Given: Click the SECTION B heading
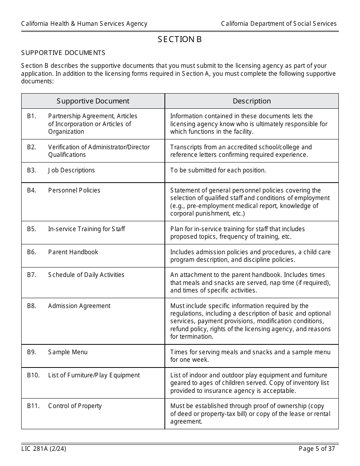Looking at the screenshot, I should pyautogui.click(x=180, y=39).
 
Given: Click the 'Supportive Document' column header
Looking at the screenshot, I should pyautogui.click(x=93, y=101).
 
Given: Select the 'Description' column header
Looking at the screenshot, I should pyautogui.click(x=252, y=101).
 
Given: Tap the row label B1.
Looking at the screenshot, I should pyautogui.click(x=31, y=116).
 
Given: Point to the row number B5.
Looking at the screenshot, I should pyautogui.click(x=31, y=229).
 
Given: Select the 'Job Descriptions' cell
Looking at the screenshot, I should pyautogui.click(x=71, y=170).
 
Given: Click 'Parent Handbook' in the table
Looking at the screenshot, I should pyautogui.click(x=73, y=252).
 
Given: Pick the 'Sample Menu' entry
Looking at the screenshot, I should pyautogui.click(x=67, y=352).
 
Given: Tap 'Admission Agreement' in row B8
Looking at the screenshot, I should pyautogui.click(x=79, y=306).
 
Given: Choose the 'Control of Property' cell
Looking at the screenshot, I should pyautogui.click(x=75, y=406).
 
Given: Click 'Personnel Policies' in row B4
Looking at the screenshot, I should pyautogui.click(x=74, y=190).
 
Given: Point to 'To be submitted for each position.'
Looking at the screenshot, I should pyautogui.click(x=218, y=170).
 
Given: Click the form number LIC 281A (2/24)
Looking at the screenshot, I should pyautogui.click(x=41, y=449).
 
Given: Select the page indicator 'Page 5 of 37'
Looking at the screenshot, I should pyautogui.click(x=317, y=449).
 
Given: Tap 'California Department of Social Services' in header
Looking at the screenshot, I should pyautogui.click(x=279, y=23).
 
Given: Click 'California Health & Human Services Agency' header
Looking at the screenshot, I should pyautogui.click(x=84, y=23).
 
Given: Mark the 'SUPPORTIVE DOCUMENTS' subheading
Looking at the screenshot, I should pyautogui.click(x=63, y=53).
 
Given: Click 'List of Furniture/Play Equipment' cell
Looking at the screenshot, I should pyautogui.click(x=94, y=375).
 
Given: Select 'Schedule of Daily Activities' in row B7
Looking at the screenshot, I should pyautogui.click(x=86, y=275).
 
